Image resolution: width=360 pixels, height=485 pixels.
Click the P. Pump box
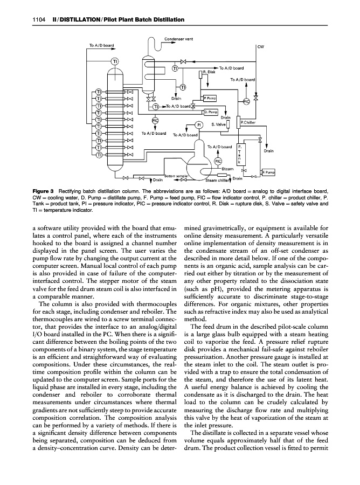pos(210,99)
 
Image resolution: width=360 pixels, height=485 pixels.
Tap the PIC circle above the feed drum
pos(218,161)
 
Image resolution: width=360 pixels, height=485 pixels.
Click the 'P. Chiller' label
pos(248,123)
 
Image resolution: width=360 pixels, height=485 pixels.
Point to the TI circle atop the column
pos(115,60)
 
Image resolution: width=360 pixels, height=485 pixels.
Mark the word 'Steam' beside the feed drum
pos(227,169)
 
